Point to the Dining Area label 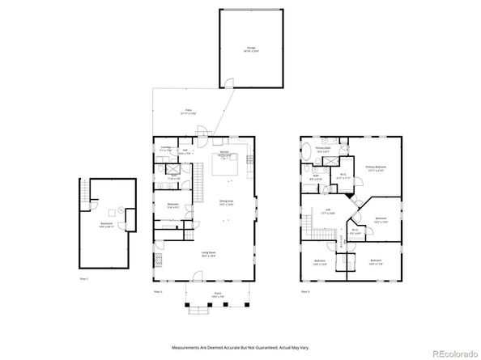coord(227,203)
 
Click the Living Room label coord(208,253)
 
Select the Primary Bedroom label coord(375,168)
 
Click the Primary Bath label coord(322,150)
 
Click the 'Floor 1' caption coord(83,278)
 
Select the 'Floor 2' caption coord(159,290)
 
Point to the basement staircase coord(83,193)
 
